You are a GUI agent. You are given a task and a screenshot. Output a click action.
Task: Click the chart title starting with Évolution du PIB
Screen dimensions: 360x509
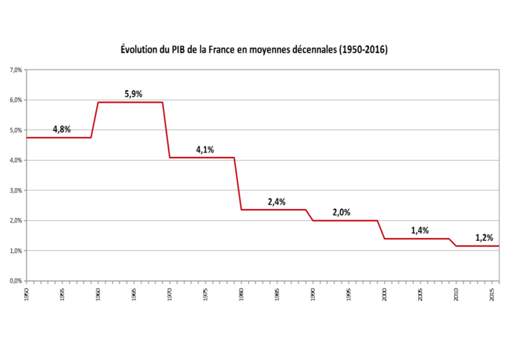coord(254,50)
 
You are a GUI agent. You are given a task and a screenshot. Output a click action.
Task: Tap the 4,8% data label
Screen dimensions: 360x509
coord(62,129)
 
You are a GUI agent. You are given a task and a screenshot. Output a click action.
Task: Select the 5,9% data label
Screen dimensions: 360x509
coord(132,94)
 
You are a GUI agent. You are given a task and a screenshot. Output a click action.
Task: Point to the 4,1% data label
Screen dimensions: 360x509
coord(205,150)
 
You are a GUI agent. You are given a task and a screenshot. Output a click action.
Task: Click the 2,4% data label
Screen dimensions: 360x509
coord(276,202)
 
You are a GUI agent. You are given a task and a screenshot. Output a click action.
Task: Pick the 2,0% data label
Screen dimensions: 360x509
coord(341,213)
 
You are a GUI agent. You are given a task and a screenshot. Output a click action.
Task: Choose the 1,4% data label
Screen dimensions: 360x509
coord(420,231)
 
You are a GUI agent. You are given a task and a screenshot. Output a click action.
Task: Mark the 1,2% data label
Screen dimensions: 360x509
coord(484,239)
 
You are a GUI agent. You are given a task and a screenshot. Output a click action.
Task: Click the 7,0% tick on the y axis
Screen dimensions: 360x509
coord(16,70)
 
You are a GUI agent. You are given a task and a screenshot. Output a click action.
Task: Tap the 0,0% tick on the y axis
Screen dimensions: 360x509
coord(16,281)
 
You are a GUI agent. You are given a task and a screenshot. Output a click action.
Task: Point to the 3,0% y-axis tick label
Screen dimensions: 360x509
coord(16,190)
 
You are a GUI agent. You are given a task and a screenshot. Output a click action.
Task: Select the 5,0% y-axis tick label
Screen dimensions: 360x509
coord(16,130)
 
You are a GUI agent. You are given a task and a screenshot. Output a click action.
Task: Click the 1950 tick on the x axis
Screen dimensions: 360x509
coord(28,294)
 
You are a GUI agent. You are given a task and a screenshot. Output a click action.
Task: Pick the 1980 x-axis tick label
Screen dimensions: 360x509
coord(242,294)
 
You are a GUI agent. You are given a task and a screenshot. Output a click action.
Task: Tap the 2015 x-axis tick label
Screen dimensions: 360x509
coord(492,294)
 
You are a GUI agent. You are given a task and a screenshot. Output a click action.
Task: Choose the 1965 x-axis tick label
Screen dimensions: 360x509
coord(135,294)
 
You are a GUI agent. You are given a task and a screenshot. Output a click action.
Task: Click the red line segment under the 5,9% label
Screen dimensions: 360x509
coord(131,102)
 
